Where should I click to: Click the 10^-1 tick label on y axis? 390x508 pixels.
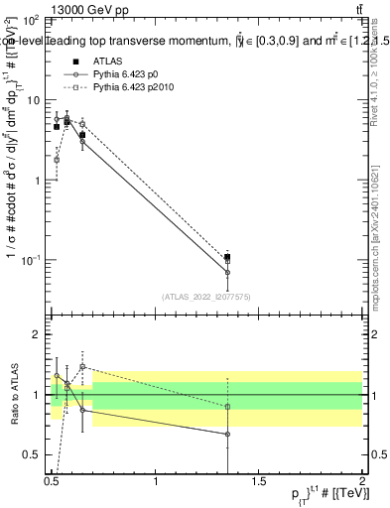[29, 260]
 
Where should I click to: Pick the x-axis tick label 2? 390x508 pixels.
[362, 481]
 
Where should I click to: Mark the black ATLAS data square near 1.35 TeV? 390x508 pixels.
[227, 258]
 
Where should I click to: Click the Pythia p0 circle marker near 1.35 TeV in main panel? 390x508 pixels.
[227, 272]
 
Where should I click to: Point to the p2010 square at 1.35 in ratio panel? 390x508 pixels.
[227, 407]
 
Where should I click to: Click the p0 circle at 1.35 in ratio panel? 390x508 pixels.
[227, 434]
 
